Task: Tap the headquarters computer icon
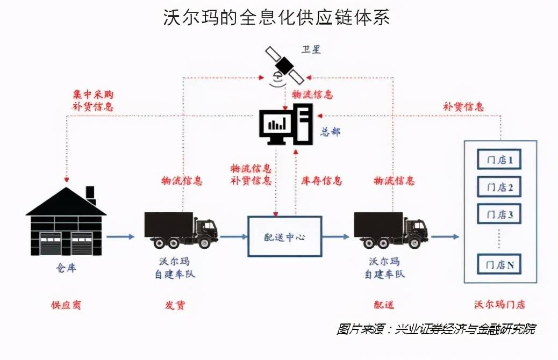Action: pyautogui.click(x=285, y=125)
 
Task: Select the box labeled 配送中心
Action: pyautogui.click(x=284, y=236)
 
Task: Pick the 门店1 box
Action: pyautogui.click(x=499, y=160)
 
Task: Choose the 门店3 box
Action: pyautogui.click(x=499, y=214)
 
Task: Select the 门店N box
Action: pyautogui.click(x=499, y=264)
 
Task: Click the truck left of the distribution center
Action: pyautogui.click(x=181, y=230)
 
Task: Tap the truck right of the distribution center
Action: pyautogui.click(x=390, y=230)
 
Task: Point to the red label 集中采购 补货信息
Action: pyautogui.click(x=92, y=100)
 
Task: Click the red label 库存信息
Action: pyautogui.click(x=320, y=181)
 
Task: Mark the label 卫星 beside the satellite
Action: pyautogui.click(x=311, y=50)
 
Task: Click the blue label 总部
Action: pyautogui.click(x=330, y=132)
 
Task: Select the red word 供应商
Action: pyautogui.click(x=66, y=305)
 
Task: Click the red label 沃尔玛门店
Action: pyautogui.click(x=498, y=305)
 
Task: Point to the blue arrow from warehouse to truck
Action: pyautogui.click(x=120, y=236)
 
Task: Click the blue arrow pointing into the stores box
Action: pyautogui.click(x=445, y=236)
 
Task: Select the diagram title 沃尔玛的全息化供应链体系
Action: pyautogui.click(x=276, y=17)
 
